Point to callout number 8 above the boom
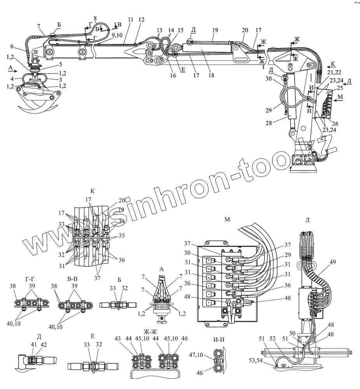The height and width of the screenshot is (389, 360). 95,18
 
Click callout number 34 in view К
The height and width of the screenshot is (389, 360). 122,221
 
